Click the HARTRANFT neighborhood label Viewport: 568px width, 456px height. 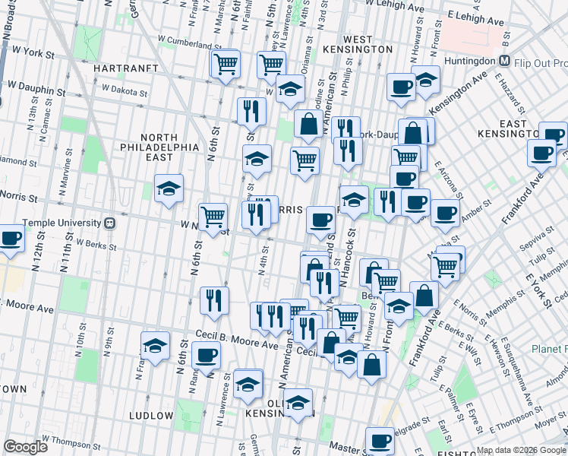point(124,68)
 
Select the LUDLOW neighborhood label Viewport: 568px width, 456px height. point(151,415)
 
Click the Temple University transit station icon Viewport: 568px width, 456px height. point(110,223)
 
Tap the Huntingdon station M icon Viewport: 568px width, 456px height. point(503,61)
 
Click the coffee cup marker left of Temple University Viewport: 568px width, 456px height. point(11,239)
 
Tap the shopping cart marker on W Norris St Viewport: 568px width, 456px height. point(213,216)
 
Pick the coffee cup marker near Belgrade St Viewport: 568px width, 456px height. point(380,440)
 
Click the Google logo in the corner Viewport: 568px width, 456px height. point(26,447)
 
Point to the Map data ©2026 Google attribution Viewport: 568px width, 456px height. point(520,450)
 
